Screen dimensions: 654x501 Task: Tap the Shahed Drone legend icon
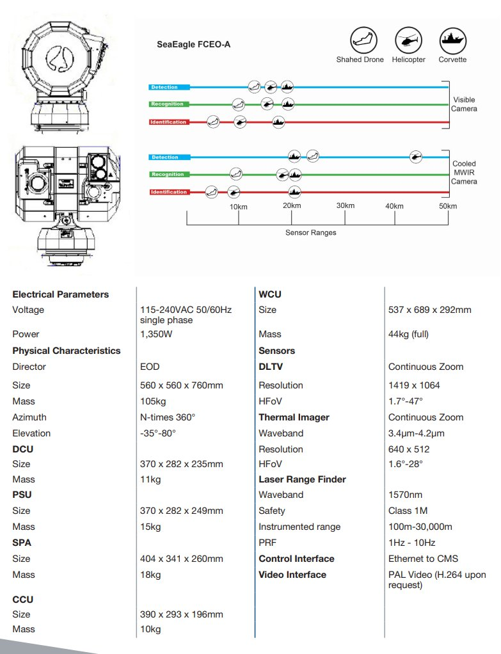(x=363, y=40)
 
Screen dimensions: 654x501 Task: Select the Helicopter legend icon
(x=408, y=40)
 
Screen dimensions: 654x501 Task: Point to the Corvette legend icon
(x=452, y=40)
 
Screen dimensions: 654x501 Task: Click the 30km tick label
(x=346, y=205)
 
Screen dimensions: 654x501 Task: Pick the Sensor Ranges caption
(x=310, y=232)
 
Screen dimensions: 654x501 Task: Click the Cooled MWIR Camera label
(x=464, y=173)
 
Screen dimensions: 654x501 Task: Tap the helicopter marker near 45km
(x=415, y=156)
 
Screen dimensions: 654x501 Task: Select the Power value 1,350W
(x=156, y=334)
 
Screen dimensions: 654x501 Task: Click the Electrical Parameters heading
(x=61, y=294)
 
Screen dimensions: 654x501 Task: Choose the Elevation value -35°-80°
(x=158, y=433)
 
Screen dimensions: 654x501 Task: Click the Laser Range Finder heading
(x=302, y=479)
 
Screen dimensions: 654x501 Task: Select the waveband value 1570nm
(x=405, y=495)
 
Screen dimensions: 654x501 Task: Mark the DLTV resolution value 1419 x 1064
(x=414, y=385)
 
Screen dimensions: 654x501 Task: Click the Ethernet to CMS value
(x=423, y=559)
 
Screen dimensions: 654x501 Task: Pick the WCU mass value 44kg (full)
(x=408, y=334)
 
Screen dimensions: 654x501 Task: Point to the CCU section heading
(x=23, y=599)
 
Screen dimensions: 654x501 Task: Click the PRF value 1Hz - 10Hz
(x=412, y=543)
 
